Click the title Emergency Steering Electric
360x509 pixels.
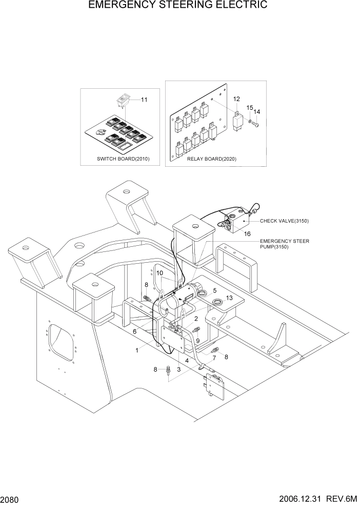177,6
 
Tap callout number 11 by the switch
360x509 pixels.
144,100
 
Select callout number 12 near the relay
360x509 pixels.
236,99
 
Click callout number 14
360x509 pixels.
257,111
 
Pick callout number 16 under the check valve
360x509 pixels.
247,233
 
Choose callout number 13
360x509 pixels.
229,298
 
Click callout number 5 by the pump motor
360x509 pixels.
207,290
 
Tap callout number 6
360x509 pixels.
134,332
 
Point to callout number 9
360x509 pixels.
197,340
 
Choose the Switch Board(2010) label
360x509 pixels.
123,159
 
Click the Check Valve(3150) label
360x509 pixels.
284,221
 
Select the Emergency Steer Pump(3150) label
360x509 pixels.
284,244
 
